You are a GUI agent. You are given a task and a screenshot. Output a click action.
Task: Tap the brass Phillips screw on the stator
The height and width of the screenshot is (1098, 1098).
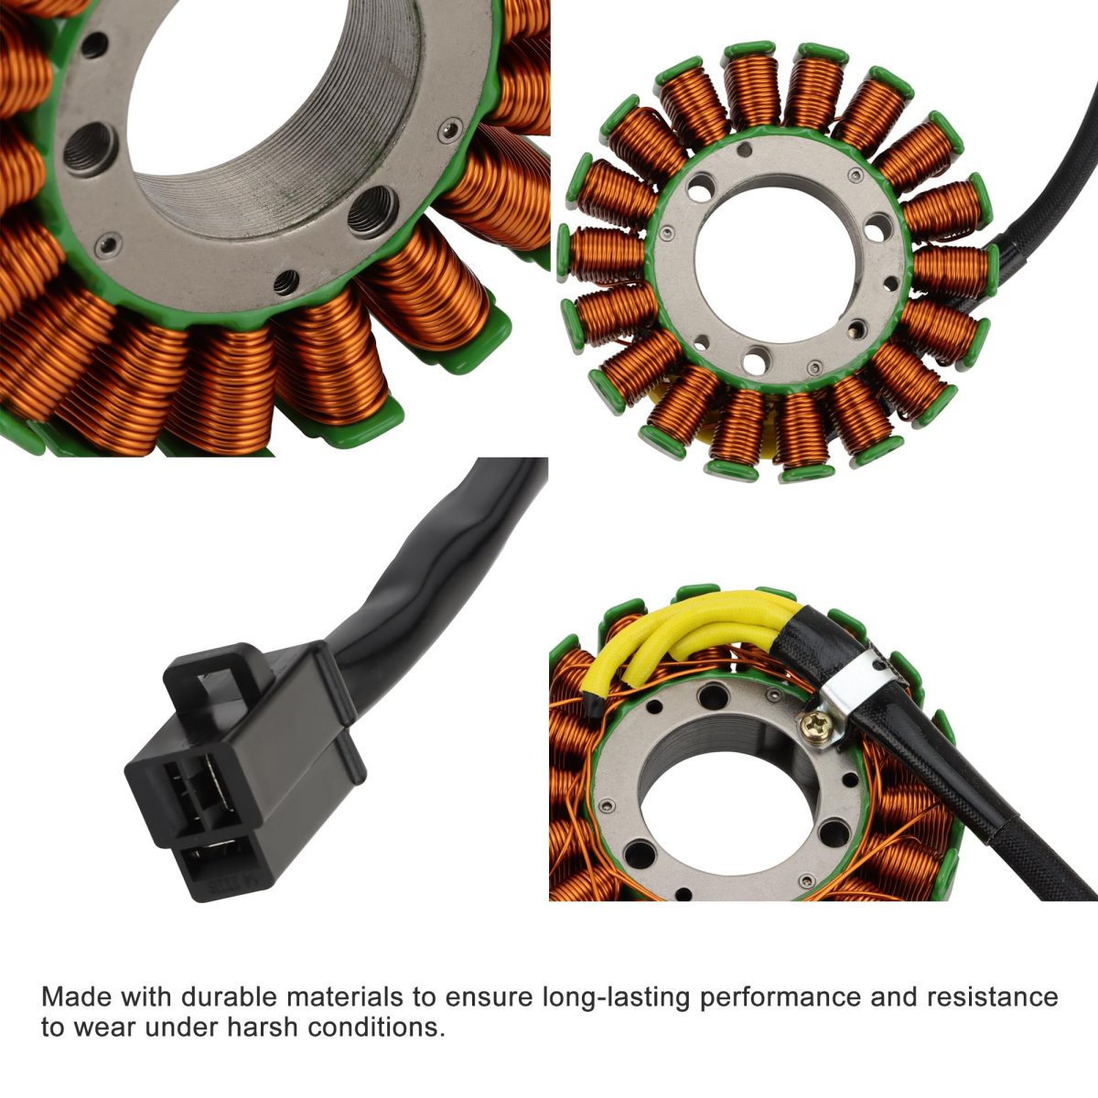coord(811,725)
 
